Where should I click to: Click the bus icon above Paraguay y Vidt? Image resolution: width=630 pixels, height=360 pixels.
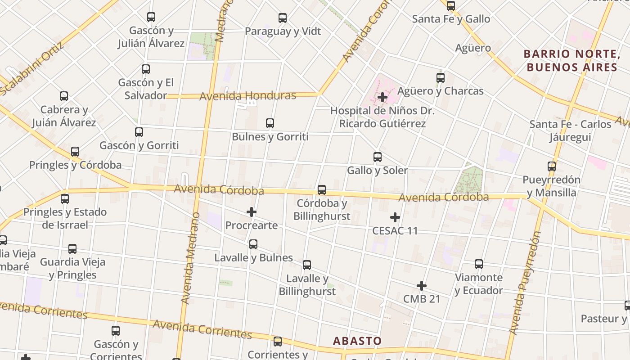[x=283, y=18]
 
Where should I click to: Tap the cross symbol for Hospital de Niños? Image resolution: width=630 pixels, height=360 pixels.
[x=382, y=97]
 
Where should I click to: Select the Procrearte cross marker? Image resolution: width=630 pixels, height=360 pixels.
[x=252, y=212]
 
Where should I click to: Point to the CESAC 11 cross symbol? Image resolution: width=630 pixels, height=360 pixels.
[x=395, y=217]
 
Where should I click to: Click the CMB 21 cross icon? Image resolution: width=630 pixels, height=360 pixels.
[x=421, y=286]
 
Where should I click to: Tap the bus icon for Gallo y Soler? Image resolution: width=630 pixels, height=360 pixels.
[x=378, y=157]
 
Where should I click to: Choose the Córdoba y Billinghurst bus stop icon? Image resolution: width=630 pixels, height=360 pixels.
[x=321, y=190]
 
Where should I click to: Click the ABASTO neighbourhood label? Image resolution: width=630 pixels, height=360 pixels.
[x=357, y=341]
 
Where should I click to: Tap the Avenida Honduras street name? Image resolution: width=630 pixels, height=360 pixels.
[x=248, y=96]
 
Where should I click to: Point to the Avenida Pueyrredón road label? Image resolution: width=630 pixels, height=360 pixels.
[x=525, y=283]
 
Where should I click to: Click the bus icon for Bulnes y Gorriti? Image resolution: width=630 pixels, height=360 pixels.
[x=270, y=123]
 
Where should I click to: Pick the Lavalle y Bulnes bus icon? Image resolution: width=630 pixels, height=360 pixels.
[x=253, y=244]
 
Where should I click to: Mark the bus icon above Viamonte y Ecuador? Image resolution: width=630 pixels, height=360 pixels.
[x=479, y=264]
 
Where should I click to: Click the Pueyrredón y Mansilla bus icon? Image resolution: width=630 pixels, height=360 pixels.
[x=552, y=166]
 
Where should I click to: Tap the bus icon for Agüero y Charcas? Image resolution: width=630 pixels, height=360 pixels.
[x=441, y=78]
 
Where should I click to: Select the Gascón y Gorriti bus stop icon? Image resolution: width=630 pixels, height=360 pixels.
[x=139, y=132]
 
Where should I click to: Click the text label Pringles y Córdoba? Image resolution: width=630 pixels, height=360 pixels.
[x=75, y=165]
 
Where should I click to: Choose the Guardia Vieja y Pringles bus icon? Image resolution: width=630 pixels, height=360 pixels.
[x=72, y=249]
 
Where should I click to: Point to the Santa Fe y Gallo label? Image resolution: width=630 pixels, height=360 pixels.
[x=451, y=19]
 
